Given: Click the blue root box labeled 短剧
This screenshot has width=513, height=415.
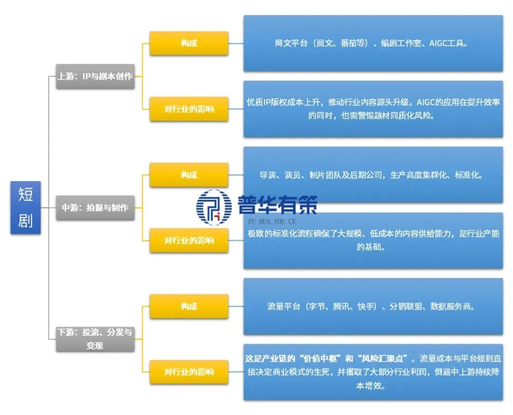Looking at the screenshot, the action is (26, 207).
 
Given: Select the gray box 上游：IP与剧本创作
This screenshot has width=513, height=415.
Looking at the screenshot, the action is (95, 76).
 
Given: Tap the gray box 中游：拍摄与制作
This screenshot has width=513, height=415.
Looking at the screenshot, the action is (95, 207).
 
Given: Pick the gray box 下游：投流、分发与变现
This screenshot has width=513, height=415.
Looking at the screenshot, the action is (95, 339).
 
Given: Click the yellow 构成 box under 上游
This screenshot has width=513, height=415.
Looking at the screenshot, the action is (189, 43).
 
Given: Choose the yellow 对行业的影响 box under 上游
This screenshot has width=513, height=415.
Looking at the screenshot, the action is (189, 109).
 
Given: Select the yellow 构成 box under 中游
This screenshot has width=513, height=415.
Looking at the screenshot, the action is (189, 175).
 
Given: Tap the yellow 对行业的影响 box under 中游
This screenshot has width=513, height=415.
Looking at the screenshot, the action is (189, 240).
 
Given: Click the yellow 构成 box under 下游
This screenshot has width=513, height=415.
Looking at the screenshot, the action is (189, 306).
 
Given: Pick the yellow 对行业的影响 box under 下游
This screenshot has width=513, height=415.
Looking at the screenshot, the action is (189, 371).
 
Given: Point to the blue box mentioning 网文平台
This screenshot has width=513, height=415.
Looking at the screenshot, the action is (373, 43).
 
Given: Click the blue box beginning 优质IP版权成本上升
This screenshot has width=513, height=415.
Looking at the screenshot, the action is (373, 109).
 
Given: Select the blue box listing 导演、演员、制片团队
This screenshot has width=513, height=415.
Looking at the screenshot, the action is (373, 175).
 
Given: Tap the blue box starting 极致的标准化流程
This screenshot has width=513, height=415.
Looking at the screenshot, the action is (373, 240).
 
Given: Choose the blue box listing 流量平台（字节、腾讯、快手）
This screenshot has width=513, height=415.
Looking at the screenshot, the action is (373, 306).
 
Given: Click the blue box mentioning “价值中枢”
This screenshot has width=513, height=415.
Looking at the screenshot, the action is (373, 371).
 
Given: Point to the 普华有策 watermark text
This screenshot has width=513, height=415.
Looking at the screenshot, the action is (277, 205).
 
